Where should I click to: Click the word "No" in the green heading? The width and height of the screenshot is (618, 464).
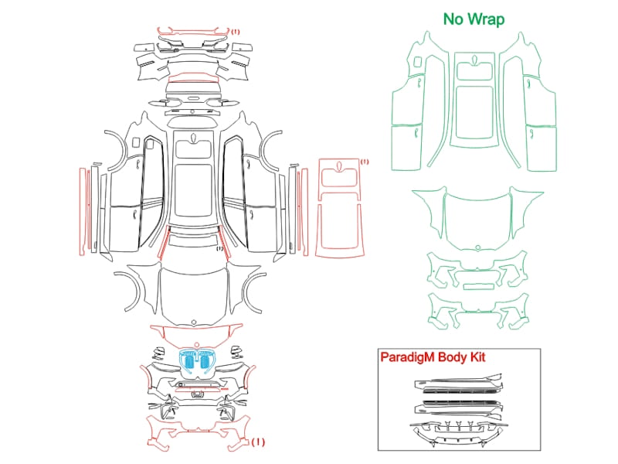coord(453,19)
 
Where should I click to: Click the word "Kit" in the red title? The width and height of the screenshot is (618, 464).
coord(477,357)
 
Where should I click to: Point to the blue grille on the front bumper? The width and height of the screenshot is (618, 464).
coord(196,360)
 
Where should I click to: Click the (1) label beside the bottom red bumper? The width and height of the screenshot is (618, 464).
coord(258,442)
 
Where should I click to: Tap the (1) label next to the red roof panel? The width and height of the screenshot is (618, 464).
coord(365,162)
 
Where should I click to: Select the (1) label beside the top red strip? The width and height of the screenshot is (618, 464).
coord(236,31)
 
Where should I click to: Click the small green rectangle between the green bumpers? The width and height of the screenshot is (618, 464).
coord(478,286)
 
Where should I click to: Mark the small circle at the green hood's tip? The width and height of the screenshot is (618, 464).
coord(478,247)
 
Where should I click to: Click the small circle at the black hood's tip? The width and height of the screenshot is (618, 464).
coord(194,322)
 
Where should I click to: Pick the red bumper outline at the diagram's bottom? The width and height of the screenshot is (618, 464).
coord(199,432)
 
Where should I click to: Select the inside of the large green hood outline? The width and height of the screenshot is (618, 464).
coord(477,221)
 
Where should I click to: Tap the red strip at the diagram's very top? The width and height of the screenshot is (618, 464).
coord(194,32)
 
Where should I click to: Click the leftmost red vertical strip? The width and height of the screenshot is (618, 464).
coord(82,211)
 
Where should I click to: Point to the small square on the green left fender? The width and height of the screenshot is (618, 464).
coord(417,62)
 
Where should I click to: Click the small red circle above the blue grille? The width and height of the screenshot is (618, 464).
coord(196,344)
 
